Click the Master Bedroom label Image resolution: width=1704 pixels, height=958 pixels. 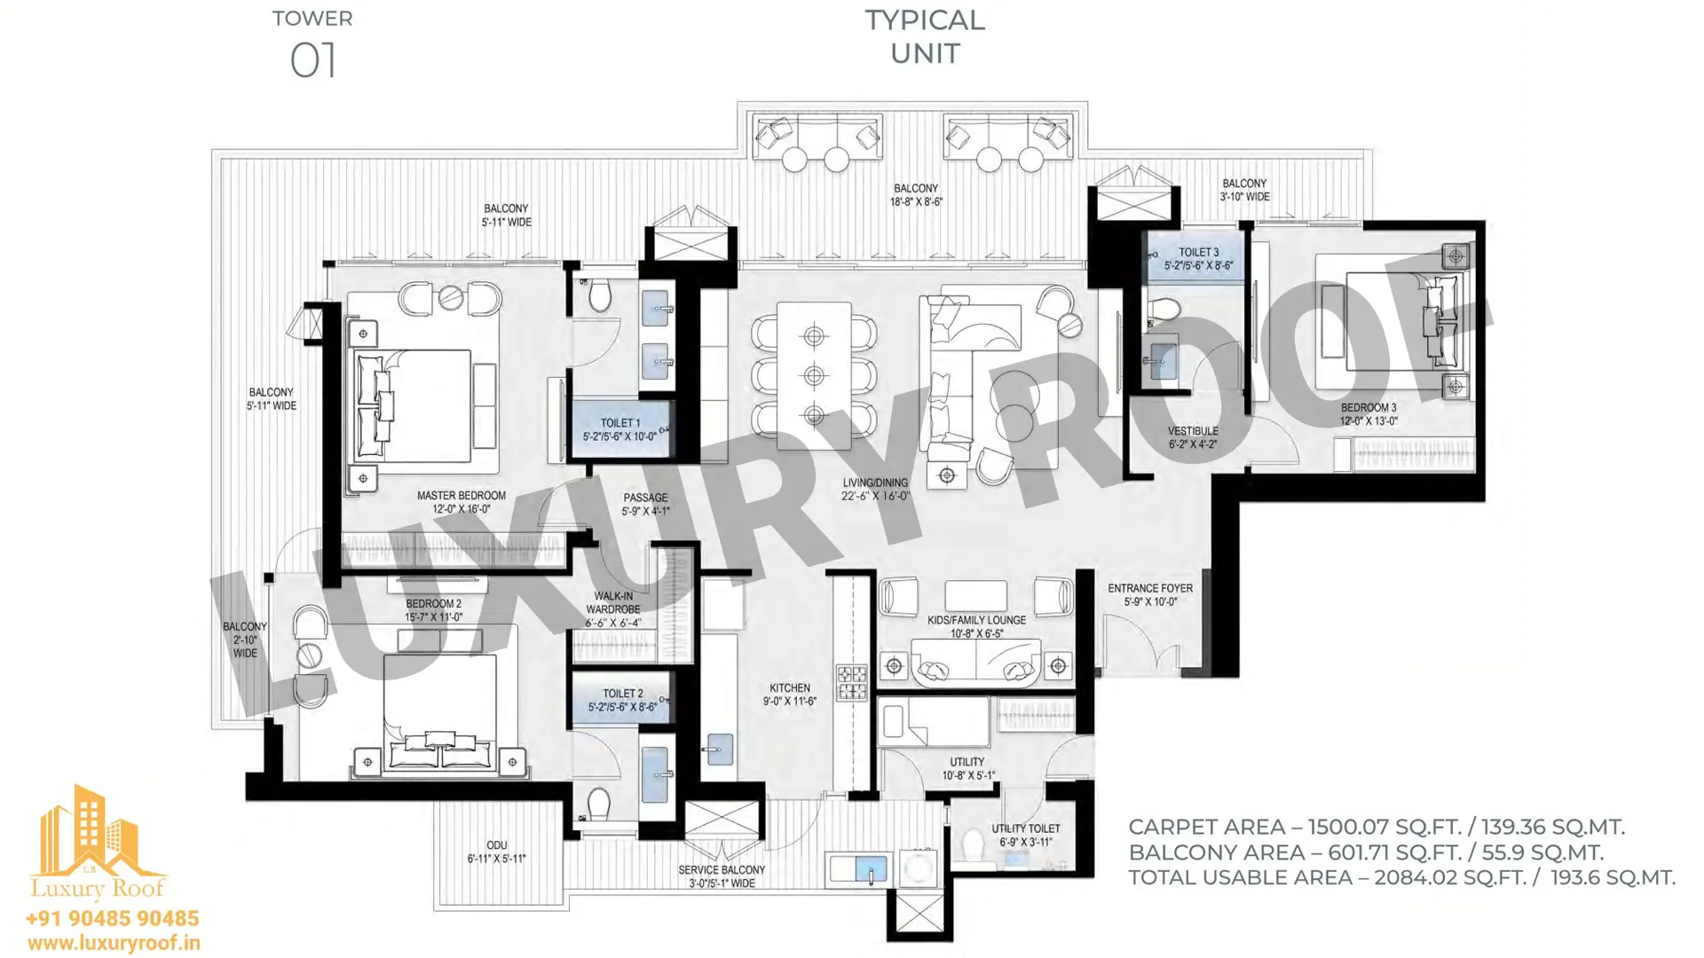461,502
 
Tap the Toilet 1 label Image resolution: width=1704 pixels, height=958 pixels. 620,429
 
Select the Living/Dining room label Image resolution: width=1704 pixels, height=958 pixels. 875,490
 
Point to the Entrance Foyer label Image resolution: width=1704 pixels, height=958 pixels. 1150,594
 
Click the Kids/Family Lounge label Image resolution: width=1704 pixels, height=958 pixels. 976,626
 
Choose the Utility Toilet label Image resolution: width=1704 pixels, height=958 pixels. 1026,836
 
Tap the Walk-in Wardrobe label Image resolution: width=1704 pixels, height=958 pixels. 613,609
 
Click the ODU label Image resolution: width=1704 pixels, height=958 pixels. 497,852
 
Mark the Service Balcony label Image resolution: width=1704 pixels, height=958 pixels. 722,876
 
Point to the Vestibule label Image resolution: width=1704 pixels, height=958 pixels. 1193,437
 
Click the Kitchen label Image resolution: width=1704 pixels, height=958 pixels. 790,694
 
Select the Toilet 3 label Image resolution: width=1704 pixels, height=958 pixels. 1199,258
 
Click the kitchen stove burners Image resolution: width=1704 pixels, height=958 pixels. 852,683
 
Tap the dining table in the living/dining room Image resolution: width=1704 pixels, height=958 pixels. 814,374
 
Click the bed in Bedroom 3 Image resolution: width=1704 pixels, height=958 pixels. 1403,321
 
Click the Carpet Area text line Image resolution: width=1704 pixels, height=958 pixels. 1377,827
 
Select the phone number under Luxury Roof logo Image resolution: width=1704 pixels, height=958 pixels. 113,918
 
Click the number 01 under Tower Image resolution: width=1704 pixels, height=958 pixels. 313,61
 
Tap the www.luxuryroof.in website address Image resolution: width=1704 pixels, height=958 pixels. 114,943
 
